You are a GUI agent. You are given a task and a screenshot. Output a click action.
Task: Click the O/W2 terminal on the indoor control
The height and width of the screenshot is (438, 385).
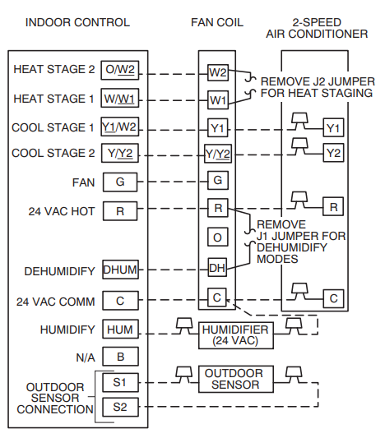[120, 70]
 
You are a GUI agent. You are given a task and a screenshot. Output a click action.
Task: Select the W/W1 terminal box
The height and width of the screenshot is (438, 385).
[120, 99]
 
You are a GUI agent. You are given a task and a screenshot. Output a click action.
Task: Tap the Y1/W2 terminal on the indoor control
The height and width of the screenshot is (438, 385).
[120, 128]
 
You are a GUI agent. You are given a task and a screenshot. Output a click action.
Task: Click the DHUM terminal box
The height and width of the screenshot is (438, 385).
[120, 270]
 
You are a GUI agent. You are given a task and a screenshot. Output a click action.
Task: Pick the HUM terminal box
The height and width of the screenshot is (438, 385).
[120, 330]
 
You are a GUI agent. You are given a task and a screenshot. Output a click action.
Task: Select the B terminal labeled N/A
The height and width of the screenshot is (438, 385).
[120, 357]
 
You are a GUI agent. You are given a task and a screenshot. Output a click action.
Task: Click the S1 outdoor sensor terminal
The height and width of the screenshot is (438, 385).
[120, 382]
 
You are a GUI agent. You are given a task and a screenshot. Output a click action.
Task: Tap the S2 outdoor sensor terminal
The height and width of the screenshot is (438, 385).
[120, 406]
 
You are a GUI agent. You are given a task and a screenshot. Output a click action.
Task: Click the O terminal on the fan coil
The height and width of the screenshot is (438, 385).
[217, 237]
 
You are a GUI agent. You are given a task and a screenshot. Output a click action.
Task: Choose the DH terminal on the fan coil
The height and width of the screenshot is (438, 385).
[217, 267]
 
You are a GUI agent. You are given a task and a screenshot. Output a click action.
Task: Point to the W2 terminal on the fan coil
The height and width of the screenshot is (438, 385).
[217, 72]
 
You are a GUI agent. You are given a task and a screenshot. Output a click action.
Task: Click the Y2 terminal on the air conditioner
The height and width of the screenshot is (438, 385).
[332, 153]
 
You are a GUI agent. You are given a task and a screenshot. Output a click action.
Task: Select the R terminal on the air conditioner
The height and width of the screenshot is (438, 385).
[333, 205]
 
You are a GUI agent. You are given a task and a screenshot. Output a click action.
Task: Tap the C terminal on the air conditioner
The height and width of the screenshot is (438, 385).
[333, 297]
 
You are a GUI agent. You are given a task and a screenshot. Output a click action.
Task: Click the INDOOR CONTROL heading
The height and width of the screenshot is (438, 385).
[77, 22]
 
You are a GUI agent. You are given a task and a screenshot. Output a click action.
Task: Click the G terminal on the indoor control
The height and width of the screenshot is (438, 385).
[120, 182]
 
